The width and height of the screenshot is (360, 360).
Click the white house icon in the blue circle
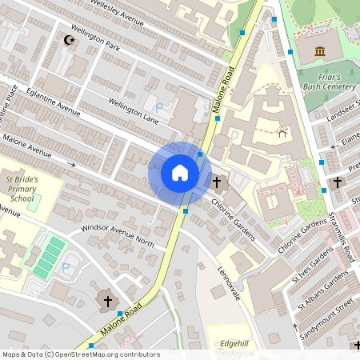point(180,173)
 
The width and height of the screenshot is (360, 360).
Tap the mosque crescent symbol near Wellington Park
point(67,38)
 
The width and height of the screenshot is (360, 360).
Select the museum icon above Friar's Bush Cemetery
point(320,52)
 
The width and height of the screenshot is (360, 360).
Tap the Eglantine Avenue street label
point(58,105)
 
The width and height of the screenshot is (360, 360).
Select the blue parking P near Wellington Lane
point(158,106)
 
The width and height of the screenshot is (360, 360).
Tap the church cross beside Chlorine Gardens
point(217,182)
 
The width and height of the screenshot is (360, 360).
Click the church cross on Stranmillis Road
point(337,182)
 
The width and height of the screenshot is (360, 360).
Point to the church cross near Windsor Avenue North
point(108,300)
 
